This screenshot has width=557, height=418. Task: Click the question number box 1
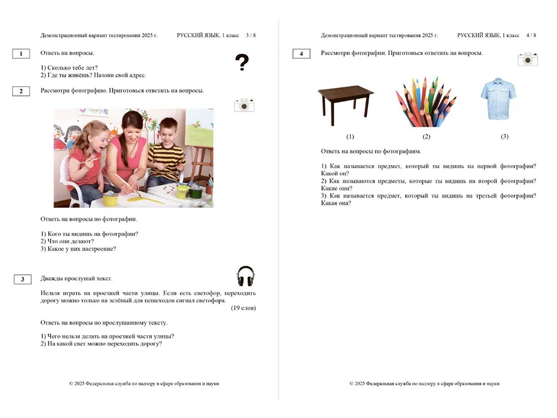[x=21, y=54]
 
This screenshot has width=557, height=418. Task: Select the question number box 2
[x=21, y=91]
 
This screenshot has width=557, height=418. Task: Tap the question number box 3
[x=22, y=279]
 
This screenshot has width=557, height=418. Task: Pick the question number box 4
[x=301, y=54]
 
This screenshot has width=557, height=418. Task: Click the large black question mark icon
[x=242, y=62]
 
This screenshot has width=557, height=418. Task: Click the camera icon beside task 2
[x=244, y=105]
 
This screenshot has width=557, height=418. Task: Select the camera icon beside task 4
[x=527, y=59]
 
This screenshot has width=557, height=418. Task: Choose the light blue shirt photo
[x=498, y=99]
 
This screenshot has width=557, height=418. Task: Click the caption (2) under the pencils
[x=426, y=136]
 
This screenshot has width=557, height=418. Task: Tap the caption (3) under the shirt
[x=504, y=136]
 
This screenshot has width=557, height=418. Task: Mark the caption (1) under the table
[x=350, y=136]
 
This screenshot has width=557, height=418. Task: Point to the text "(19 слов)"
[x=243, y=308]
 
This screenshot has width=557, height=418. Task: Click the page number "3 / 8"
[x=251, y=35]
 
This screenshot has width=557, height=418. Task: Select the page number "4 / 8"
[x=530, y=35]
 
